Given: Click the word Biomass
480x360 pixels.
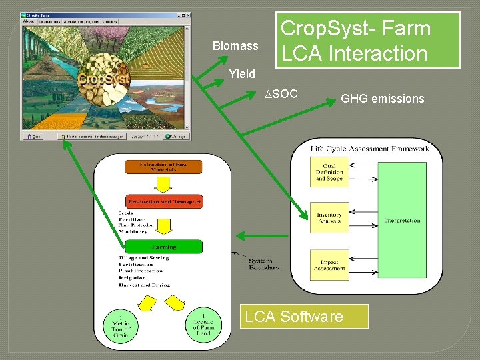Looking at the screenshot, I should click(x=235, y=46).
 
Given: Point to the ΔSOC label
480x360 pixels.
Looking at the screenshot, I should click(x=281, y=94).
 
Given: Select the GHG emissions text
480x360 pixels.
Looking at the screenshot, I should click(x=382, y=99).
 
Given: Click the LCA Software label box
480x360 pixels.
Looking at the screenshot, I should click(x=303, y=317).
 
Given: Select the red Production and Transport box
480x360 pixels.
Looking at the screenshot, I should click(x=164, y=201).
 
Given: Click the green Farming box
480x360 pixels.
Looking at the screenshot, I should click(x=164, y=247).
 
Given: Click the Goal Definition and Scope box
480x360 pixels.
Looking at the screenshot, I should click(x=329, y=173).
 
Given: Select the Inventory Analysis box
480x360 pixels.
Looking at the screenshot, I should click(x=329, y=218).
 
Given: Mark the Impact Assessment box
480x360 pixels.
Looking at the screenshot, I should click(x=329, y=265).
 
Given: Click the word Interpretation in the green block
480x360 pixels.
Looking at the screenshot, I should click(x=402, y=220).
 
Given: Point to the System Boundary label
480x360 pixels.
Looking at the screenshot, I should click(x=264, y=264).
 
